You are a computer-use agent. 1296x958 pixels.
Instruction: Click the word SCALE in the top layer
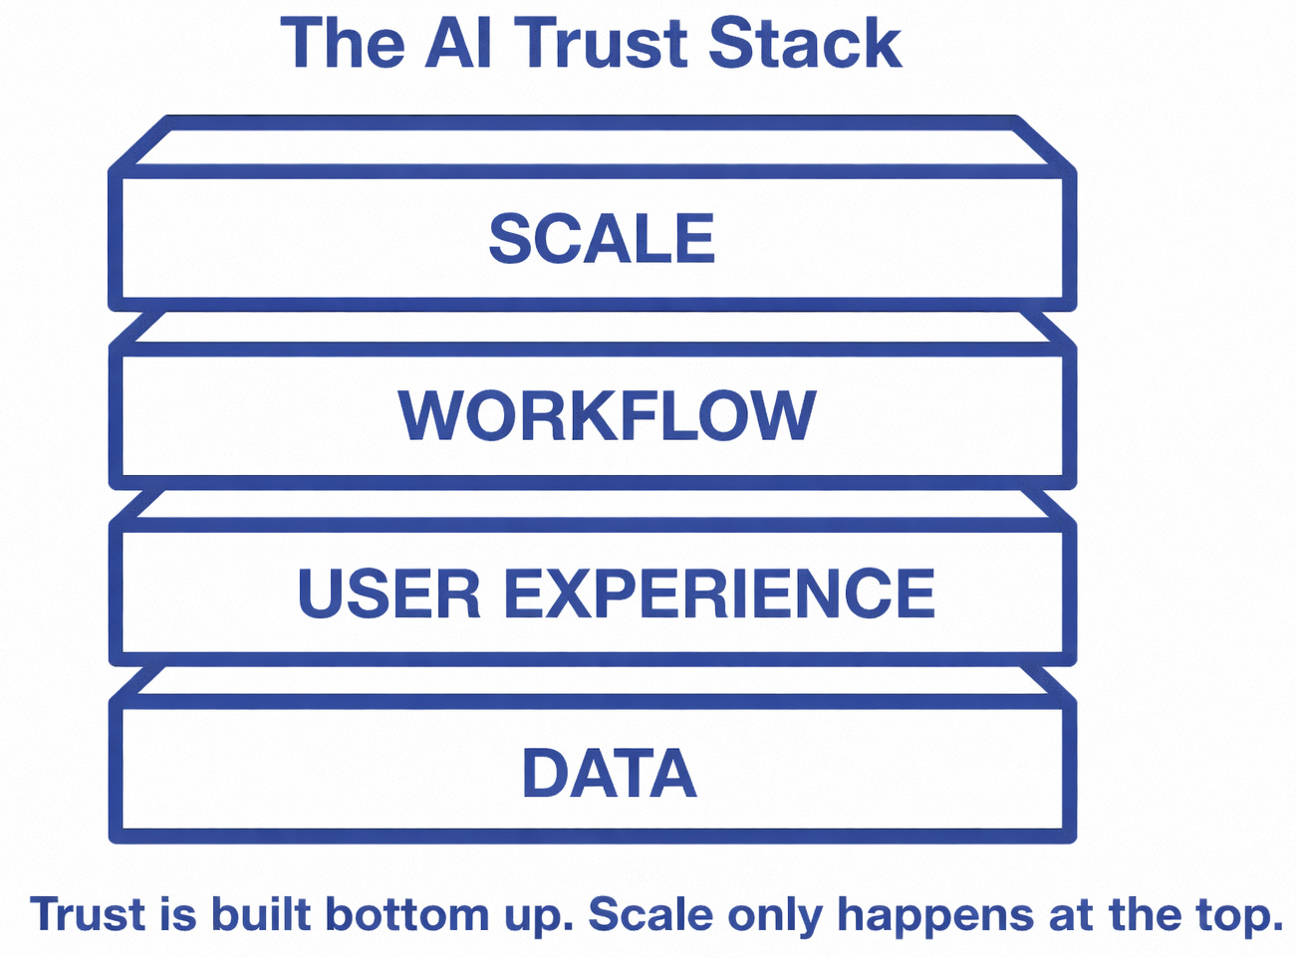point(602,239)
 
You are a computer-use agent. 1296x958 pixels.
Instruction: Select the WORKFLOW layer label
point(607,415)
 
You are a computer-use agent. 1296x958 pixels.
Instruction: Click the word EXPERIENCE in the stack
point(719,594)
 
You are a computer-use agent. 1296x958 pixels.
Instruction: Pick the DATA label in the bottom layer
point(609,774)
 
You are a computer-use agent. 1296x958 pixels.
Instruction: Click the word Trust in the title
point(604,43)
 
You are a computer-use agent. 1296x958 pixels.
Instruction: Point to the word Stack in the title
point(805,43)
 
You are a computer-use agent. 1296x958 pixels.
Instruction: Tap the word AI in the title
point(459,43)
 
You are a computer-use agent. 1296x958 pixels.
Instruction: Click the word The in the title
point(344,43)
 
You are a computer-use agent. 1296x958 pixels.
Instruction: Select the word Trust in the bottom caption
point(88,914)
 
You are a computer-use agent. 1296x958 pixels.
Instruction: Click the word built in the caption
point(261,914)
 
